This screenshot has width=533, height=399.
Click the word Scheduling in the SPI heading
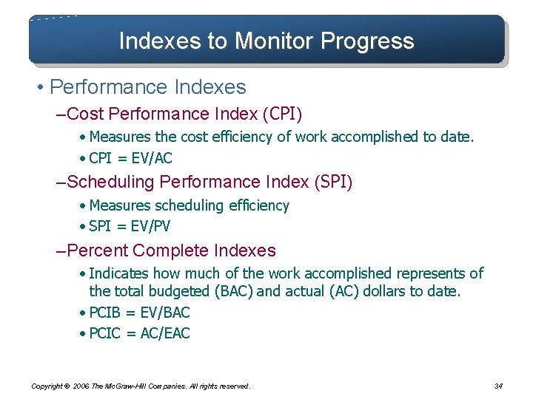[x=110, y=182]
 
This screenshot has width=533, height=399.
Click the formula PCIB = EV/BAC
[x=139, y=313]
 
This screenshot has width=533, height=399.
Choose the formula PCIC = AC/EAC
[x=139, y=333]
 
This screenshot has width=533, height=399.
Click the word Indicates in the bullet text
[x=119, y=273]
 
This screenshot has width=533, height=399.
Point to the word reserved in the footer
[x=233, y=386]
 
